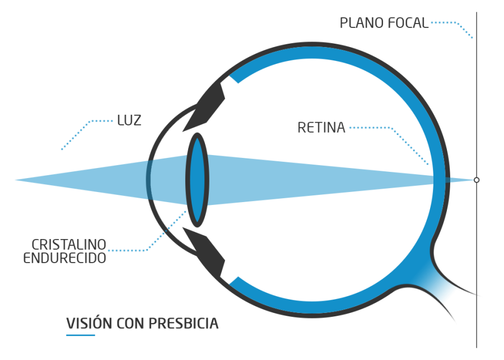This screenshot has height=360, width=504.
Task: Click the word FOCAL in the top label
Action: point(408,24)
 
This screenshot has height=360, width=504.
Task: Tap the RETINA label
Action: point(321,128)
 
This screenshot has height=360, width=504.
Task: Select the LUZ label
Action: point(129,120)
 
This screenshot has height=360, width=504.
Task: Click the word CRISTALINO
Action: point(69,245)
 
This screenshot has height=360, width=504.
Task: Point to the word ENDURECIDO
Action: point(64,259)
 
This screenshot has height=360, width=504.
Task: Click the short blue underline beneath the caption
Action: point(80,335)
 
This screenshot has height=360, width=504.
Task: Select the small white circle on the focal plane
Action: point(477,180)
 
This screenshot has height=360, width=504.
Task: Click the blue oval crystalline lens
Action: point(197,179)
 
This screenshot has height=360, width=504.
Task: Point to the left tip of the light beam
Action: point(17,180)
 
